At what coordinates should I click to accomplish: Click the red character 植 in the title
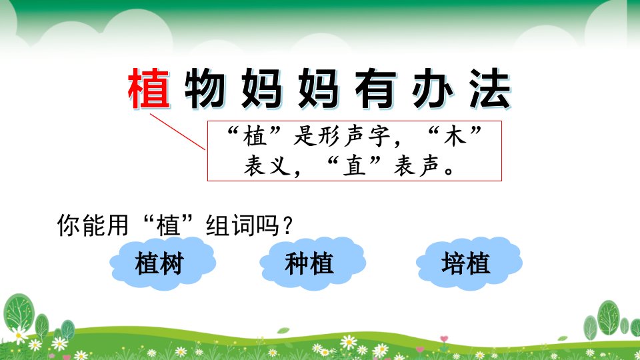point(149,89)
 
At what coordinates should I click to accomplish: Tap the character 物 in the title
point(205,89)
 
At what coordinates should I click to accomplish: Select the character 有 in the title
point(376,89)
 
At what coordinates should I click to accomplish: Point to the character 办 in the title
point(433,89)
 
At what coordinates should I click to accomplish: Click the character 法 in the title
point(490,89)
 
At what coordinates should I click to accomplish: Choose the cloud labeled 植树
point(163,263)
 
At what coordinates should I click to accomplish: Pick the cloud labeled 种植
point(313,263)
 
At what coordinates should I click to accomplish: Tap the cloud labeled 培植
point(469,263)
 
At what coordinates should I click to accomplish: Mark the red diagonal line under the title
point(177,132)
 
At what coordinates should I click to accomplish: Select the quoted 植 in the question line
point(168,225)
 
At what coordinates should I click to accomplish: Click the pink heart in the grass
point(444,339)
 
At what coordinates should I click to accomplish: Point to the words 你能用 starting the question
point(93,225)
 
